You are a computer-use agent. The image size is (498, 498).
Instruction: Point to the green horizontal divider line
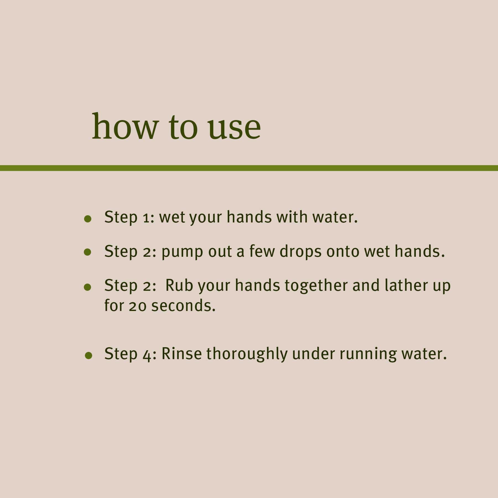click(x=249, y=168)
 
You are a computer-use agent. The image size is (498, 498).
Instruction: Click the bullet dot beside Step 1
click(x=88, y=219)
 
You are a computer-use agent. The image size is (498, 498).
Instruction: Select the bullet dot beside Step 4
click(x=89, y=356)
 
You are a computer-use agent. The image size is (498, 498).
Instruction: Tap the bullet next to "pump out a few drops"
click(x=88, y=252)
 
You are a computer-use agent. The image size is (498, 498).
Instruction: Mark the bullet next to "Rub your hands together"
click(x=88, y=287)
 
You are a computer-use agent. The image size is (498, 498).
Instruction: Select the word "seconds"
click(x=183, y=306)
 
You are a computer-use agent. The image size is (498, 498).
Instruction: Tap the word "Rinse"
click(x=181, y=354)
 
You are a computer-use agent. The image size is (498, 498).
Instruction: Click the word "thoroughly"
click(x=247, y=354)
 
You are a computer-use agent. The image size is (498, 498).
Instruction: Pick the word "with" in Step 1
click(x=292, y=217)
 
